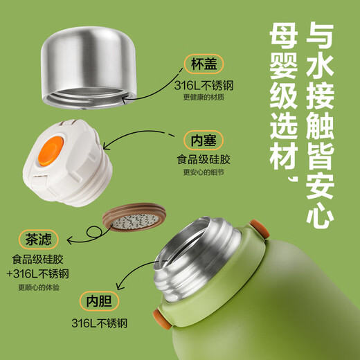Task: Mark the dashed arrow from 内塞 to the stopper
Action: [136, 135]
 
